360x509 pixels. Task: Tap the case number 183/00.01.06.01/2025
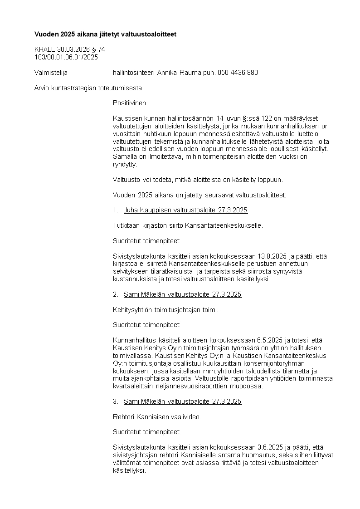(x=66, y=57)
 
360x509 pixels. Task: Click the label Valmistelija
(x=51, y=73)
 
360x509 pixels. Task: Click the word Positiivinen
(x=129, y=103)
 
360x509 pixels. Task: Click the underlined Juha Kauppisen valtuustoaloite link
(x=185, y=210)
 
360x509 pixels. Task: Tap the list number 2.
(x=115, y=294)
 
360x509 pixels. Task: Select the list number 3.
(x=115, y=401)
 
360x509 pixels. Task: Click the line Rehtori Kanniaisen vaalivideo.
(x=157, y=416)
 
